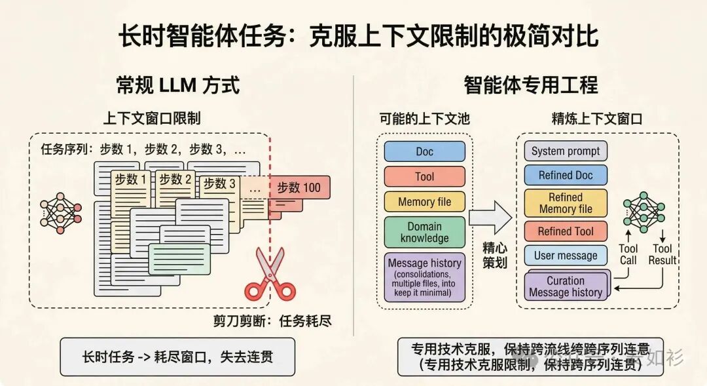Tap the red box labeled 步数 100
(299, 188)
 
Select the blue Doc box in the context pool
(424, 151)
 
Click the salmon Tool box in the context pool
(424, 176)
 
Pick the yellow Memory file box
(424, 202)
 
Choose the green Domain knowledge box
(424, 232)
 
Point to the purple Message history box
(424, 277)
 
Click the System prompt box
(566, 151)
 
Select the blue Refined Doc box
(566, 175)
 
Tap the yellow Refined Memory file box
(566, 203)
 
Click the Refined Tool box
(566, 231)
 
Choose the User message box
(566, 256)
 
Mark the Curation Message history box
(566, 286)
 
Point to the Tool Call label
(628, 254)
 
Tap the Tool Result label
(662, 254)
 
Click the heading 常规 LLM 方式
(177, 85)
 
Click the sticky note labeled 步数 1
(131, 179)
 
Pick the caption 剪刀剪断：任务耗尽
(272, 321)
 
